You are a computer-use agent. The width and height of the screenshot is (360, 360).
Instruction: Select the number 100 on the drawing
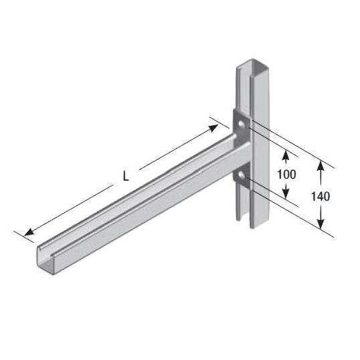coord(287,175)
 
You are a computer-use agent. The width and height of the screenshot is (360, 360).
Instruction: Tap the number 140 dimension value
coord(322,197)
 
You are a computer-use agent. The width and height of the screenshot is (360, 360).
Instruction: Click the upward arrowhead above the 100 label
coord(286,154)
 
